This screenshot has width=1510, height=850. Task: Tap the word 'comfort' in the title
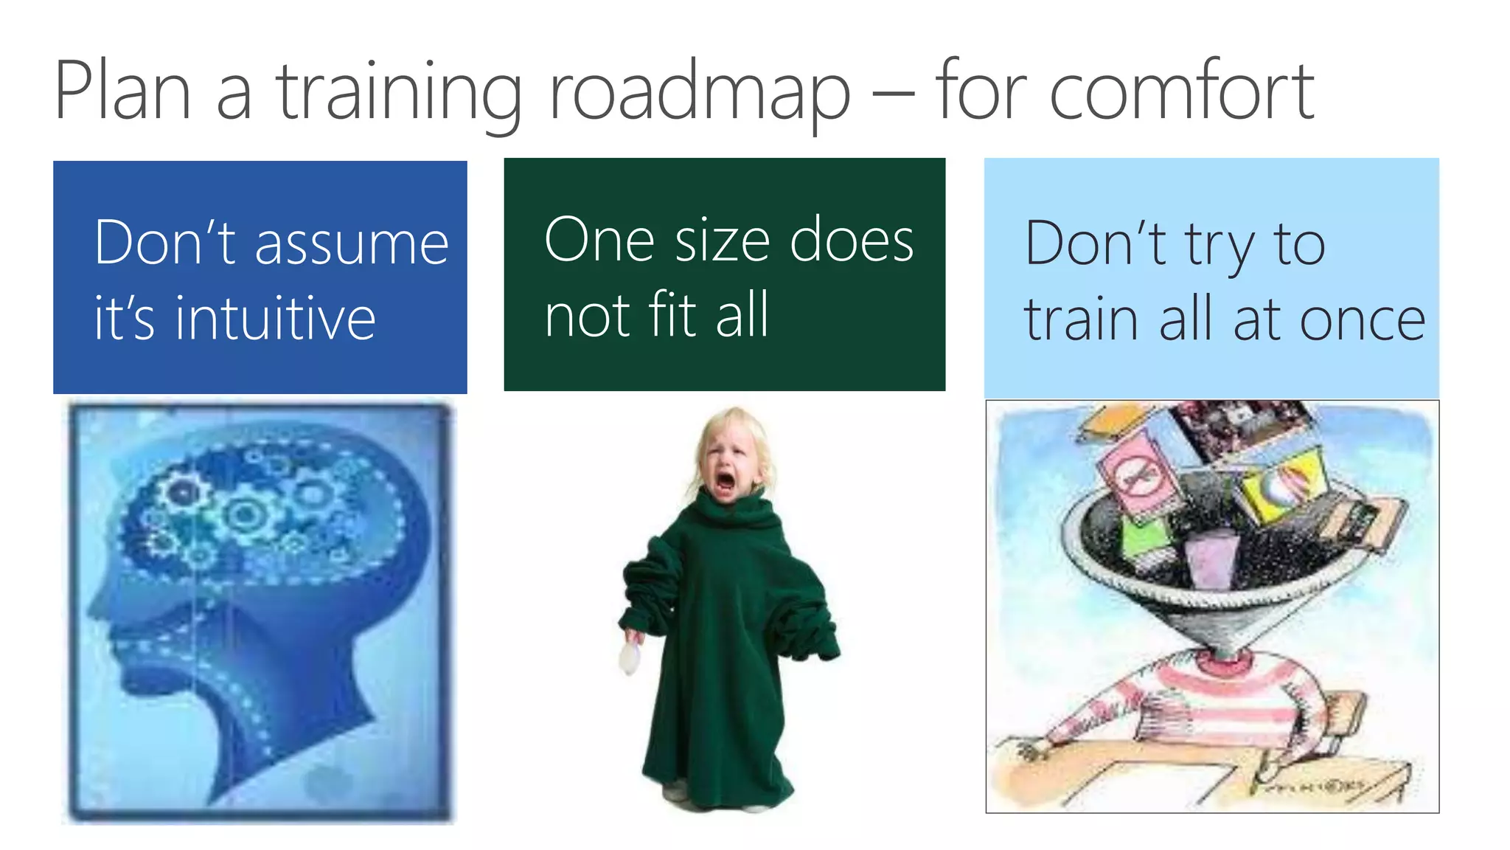1181,91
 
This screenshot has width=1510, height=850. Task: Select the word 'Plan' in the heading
122,91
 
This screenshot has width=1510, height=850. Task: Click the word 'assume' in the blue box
352,244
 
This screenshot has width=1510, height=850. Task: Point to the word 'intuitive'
275,319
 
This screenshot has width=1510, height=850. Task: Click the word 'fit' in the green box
672,315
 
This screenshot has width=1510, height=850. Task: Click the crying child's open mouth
726,481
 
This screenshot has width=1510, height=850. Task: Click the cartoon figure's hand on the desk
1031,751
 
